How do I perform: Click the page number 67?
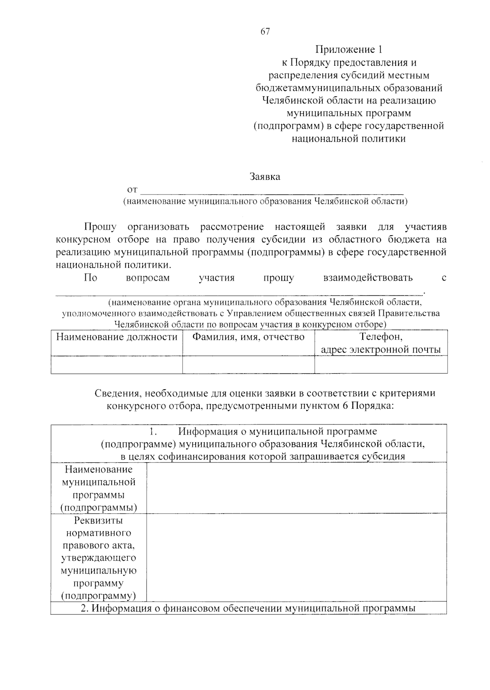pos(265,31)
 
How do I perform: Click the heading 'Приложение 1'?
pos(349,49)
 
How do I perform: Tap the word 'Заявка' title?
pos(265,177)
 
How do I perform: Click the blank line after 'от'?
pos(272,190)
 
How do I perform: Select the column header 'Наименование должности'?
pos(117,337)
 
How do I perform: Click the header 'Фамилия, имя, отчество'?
pos(248,337)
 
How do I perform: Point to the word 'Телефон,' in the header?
pos(381,337)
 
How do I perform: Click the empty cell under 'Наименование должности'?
pos(117,364)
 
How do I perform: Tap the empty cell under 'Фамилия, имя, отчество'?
pos(248,364)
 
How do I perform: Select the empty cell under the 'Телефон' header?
pos(381,364)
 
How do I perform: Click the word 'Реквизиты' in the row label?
pos(98,520)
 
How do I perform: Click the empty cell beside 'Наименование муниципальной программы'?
pos(296,488)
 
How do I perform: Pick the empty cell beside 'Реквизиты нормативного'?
pos(296,558)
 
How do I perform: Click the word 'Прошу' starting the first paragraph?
pos(100,227)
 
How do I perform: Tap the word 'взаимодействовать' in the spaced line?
pos(368,278)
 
